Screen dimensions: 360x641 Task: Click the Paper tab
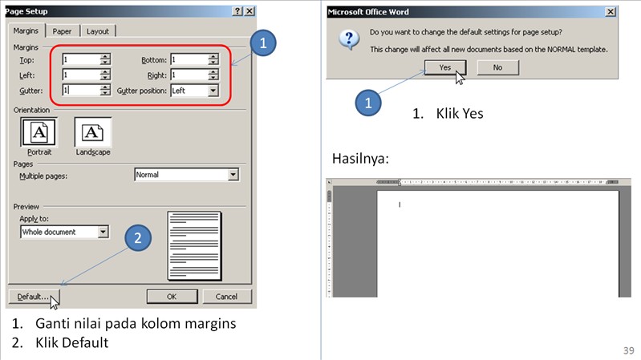click(x=63, y=31)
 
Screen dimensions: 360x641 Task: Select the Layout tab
click(x=98, y=31)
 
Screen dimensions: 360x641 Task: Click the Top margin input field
click(x=80, y=59)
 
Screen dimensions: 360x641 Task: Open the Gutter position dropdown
click(x=213, y=91)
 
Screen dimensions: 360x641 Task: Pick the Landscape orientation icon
click(x=92, y=131)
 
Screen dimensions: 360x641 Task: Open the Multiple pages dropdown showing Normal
click(x=233, y=175)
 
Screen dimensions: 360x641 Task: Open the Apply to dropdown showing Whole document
click(x=103, y=232)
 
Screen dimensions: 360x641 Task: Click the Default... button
click(x=33, y=297)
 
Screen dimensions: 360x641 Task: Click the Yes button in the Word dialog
click(x=445, y=67)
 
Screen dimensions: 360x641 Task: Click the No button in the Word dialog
click(x=497, y=67)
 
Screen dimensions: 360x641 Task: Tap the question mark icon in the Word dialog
click(x=347, y=40)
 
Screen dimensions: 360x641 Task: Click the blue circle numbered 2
click(x=138, y=238)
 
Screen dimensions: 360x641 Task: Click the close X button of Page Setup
click(x=250, y=11)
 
